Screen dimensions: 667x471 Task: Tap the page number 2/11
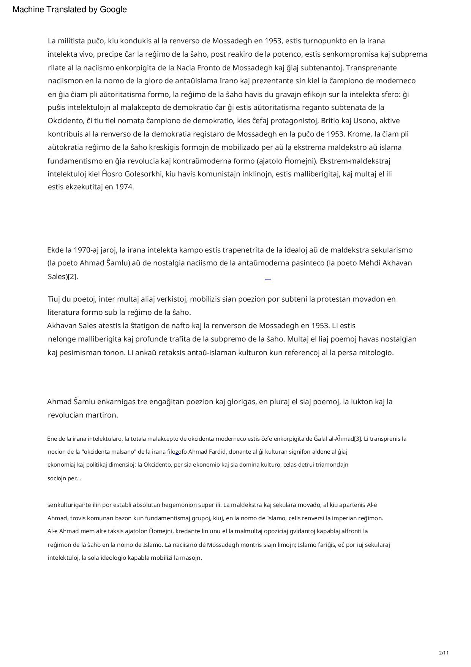coord(444,653)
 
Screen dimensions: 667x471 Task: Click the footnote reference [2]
coord(72,277)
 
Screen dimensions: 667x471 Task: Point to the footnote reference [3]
coord(357,439)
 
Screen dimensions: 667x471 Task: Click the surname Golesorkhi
coord(143,174)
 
